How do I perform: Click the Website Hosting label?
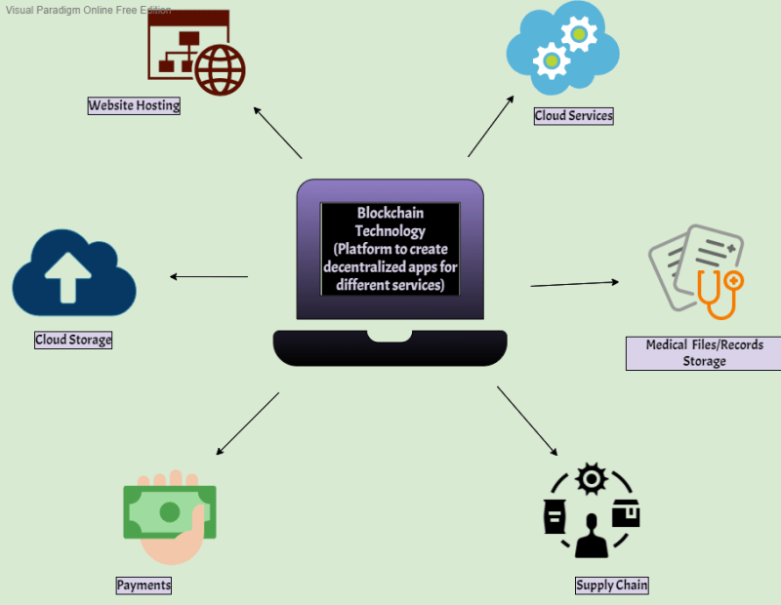[134, 105]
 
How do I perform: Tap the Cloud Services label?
[573, 115]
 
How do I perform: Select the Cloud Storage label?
[73, 340]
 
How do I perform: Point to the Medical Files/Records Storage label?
[704, 352]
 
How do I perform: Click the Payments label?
[144, 585]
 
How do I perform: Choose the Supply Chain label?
[611, 585]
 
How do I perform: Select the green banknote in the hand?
[169, 511]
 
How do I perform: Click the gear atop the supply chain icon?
[592, 479]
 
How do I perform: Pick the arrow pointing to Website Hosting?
[277, 132]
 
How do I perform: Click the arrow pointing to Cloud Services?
[491, 126]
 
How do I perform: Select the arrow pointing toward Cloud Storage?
[209, 276]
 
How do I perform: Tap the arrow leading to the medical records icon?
[575, 283]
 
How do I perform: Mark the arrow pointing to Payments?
[247, 423]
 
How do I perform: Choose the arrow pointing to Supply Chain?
[527, 421]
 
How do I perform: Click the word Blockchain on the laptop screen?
[390, 213]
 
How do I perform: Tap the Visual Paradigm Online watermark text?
[87, 10]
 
